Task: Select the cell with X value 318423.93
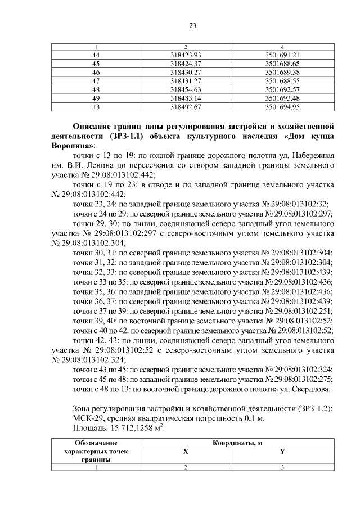coord(185,54)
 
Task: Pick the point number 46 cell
coord(96,72)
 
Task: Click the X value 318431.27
coord(185,81)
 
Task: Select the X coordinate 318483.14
coord(185,99)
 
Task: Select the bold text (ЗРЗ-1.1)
coord(133,136)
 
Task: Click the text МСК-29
coord(88,418)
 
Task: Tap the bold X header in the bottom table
coord(185,452)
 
